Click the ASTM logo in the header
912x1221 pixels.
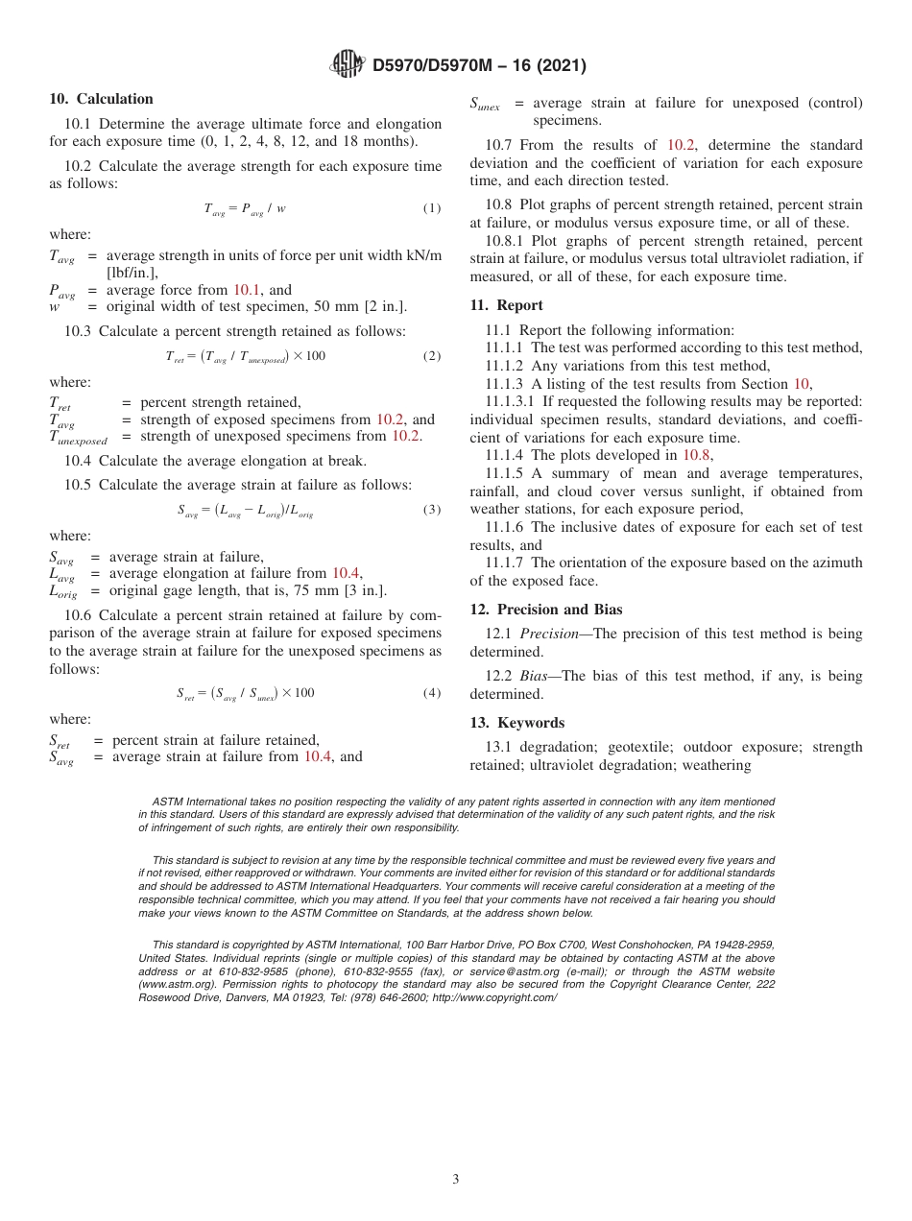coord(347,65)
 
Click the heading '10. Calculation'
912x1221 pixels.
coord(101,99)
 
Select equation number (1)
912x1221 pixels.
coord(432,208)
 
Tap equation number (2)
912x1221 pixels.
coord(432,356)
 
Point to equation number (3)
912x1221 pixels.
coord(432,510)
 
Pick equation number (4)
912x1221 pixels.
coord(432,693)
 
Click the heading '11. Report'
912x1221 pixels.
coord(506,305)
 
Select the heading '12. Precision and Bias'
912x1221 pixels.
coord(545,610)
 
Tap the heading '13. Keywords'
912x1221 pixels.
coord(516,723)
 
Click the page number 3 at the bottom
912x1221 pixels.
coord(456,1180)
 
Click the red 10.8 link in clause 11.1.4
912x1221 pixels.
coord(696,456)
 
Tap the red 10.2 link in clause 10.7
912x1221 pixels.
coord(682,145)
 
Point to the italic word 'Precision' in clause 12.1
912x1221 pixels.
coord(551,634)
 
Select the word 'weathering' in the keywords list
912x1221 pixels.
coord(715,765)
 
